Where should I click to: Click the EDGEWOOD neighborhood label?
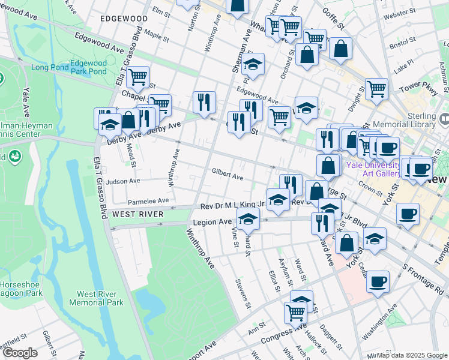coord(124,19)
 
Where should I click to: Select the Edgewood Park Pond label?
coord(88,67)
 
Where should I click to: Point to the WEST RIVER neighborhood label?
coord(138,214)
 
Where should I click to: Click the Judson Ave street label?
coord(122,181)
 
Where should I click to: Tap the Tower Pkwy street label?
coord(411,88)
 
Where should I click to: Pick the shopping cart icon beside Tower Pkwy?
coord(376,89)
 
